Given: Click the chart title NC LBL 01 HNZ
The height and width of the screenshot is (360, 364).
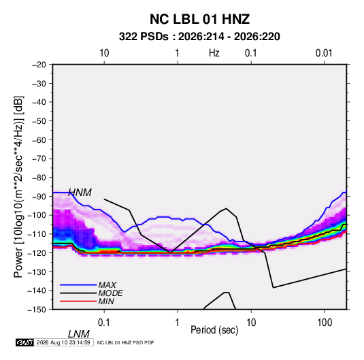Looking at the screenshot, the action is [x=199, y=19].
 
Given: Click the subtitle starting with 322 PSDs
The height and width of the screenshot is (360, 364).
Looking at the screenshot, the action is [x=199, y=37].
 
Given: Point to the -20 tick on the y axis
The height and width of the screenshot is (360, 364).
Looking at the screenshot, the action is [x=39, y=65].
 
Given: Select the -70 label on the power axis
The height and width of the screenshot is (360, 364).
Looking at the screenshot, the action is [x=39, y=159].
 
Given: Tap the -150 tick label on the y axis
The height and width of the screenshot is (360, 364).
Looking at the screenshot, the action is [x=37, y=310].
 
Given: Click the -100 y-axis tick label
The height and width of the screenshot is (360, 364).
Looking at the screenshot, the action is [x=37, y=215].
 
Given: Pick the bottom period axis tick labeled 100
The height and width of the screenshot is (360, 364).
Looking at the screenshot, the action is [x=325, y=323].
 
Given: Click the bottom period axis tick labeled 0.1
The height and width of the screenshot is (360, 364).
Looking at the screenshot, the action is [x=103, y=323].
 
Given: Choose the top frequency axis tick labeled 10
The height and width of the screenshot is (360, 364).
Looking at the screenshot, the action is [x=104, y=53].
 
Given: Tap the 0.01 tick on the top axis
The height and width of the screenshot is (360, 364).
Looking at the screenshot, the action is [x=324, y=53].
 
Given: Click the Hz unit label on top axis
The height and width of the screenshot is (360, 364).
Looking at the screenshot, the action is [x=214, y=53].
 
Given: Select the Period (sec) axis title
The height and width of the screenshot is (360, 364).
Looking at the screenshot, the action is [x=214, y=330].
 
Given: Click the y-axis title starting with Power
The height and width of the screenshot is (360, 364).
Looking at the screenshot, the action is [x=18, y=187].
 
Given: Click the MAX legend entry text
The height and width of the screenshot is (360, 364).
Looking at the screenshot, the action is [x=107, y=284].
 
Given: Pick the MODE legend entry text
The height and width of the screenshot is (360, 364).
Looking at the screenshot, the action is [x=110, y=293].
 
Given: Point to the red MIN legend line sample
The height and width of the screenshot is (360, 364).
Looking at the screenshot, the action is [x=78, y=301].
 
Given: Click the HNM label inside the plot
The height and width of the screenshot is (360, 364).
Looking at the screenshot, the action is [x=80, y=193].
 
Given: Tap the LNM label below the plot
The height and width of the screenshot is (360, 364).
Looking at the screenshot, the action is [x=78, y=334].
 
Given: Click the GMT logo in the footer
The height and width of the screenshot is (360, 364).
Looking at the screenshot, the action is [x=25, y=342].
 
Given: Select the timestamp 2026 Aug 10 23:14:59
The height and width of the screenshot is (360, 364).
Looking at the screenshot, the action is [x=63, y=342].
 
